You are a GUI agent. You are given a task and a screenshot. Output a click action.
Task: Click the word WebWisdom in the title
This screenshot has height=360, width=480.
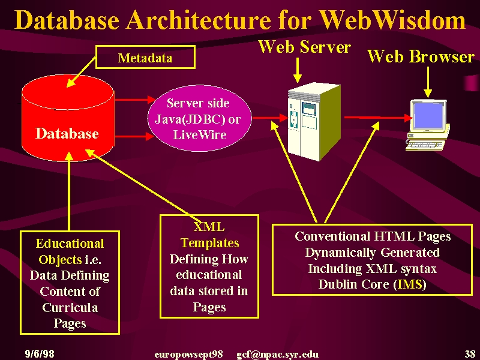[392, 20]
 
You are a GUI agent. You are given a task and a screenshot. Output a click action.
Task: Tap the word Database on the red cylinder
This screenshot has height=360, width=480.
[67, 133]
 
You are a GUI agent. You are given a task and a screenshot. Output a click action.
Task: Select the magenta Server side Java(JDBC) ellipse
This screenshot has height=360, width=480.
[200, 118]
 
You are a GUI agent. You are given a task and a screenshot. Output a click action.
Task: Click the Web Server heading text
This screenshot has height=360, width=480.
[304, 47]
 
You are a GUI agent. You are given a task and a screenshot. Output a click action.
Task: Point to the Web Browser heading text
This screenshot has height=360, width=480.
[421, 56]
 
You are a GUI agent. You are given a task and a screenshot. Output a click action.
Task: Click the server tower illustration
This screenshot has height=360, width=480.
[314, 122]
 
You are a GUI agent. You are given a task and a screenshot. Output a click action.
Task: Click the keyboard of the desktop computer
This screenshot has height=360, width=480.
[425, 145]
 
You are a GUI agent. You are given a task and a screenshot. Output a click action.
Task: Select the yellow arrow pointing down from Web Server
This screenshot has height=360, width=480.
[297, 70]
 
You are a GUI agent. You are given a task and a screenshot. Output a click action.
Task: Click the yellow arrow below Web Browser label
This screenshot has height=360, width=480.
[428, 82]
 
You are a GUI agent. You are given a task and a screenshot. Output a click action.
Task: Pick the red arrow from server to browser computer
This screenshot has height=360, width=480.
[378, 117]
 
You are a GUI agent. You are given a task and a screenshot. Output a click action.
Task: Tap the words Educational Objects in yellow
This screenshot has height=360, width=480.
[70, 251]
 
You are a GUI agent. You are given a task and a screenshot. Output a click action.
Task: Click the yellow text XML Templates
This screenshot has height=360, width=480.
[209, 235]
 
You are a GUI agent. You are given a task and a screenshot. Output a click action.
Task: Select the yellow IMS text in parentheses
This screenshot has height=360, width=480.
[410, 284]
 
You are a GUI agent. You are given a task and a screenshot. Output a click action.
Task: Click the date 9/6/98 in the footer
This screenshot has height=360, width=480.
[40, 354]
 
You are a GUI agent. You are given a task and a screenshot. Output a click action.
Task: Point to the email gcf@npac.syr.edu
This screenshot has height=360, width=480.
[277, 355]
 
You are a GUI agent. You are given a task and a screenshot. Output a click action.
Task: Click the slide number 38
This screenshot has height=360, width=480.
[470, 354]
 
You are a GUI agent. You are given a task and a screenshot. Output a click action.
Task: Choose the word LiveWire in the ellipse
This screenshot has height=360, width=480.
[200, 134]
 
